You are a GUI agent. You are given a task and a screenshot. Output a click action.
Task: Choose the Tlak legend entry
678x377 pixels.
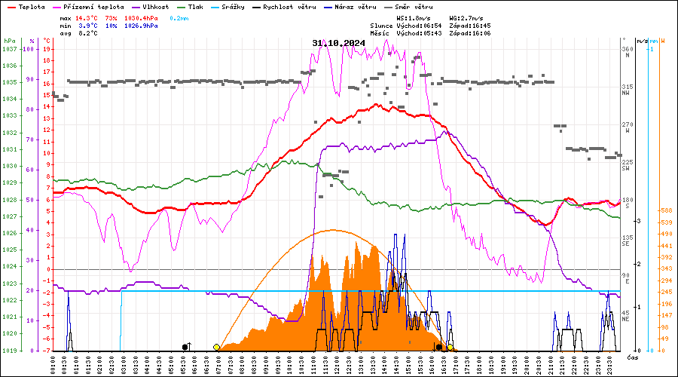(x=194, y=6)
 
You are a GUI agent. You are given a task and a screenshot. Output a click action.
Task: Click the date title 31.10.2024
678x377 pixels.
(x=338, y=43)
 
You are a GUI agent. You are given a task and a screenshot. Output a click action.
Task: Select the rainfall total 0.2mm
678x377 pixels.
(x=179, y=17)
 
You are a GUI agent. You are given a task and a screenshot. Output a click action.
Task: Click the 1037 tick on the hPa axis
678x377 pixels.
(x=9, y=49)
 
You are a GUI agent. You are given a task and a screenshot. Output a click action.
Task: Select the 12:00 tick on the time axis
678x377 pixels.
(x=339, y=363)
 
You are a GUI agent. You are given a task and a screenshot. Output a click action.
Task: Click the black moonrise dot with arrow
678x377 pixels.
(x=185, y=347)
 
